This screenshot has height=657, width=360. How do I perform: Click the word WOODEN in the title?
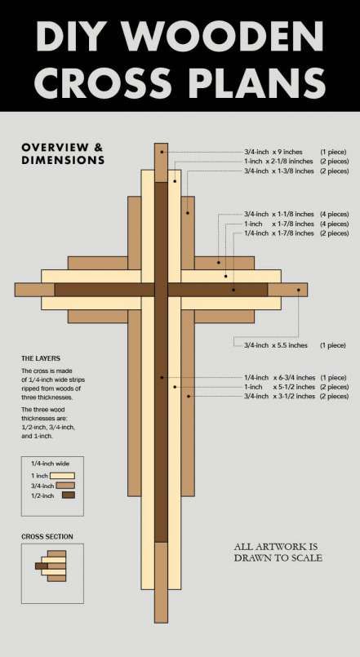(x=224, y=36)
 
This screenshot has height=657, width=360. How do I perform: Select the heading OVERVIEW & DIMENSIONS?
(x=62, y=153)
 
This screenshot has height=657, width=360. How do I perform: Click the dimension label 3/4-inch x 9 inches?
(x=273, y=152)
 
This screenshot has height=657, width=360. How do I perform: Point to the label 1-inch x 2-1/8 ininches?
(x=278, y=162)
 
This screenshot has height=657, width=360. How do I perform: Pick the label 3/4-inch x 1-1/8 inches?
(x=279, y=214)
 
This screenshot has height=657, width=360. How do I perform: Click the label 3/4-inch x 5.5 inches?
(x=276, y=345)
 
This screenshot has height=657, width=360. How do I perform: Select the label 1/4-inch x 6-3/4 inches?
(x=279, y=378)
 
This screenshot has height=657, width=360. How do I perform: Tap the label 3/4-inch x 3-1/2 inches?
(x=279, y=396)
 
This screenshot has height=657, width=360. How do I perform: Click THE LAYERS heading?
(x=41, y=358)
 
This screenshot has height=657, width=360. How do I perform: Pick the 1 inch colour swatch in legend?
(x=62, y=476)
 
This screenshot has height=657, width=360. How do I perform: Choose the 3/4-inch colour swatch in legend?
(x=65, y=486)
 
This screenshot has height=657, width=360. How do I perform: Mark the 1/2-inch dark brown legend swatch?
(x=69, y=495)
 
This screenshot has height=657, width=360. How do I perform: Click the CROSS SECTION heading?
(x=47, y=537)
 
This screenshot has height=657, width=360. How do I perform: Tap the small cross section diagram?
(x=51, y=566)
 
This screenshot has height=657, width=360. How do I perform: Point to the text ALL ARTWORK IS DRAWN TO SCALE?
(x=278, y=553)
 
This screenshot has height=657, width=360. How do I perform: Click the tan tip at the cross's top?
(x=161, y=163)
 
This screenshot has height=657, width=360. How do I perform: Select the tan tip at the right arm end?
(x=287, y=290)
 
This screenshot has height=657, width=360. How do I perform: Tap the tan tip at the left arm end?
(x=35, y=290)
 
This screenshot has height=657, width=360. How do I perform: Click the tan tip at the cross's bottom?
(x=161, y=583)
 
